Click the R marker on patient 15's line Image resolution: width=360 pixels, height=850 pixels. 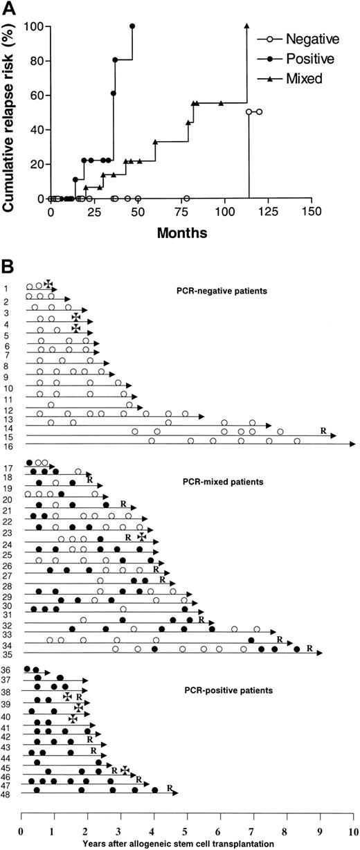pyautogui.click(x=323, y=431)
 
